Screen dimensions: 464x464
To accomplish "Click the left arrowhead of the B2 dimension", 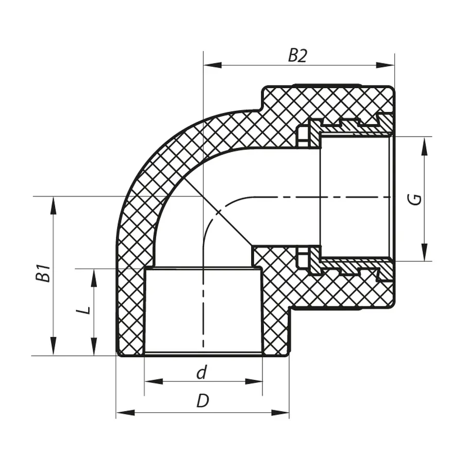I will (x=212, y=65).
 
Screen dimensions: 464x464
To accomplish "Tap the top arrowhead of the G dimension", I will (x=424, y=145).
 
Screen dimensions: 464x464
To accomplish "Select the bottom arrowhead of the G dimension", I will (x=424, y=253).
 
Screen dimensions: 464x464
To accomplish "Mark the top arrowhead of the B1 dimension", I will (x=53, y=205).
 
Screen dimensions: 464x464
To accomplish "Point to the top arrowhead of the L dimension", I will (x=93, y=277).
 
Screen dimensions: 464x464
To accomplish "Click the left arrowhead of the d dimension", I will (x=153, y=382).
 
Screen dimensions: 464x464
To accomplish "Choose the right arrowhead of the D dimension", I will (x=280, y=412).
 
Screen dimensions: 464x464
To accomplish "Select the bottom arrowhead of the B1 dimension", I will (x=53, y=347).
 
